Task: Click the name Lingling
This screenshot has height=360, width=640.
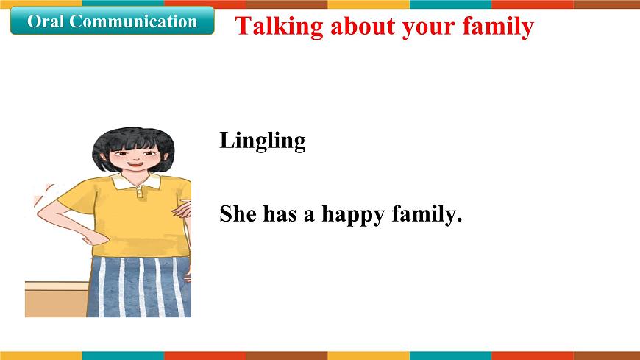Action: point(262,141)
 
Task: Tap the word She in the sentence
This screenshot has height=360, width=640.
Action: point(237,214)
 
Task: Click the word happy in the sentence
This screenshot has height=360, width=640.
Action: point(351,216)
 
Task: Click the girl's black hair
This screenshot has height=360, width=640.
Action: point(132,136)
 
